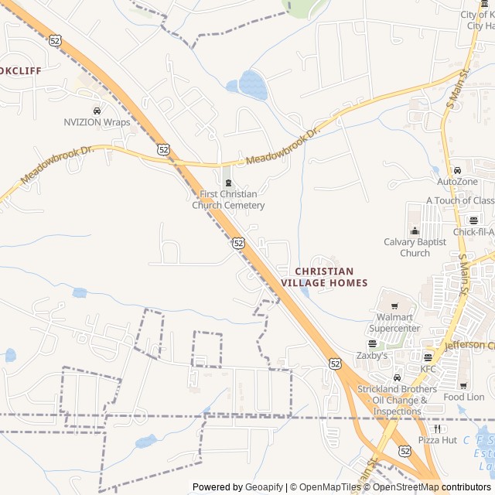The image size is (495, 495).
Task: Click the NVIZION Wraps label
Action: click(97, 122)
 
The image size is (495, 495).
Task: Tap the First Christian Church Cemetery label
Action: click(228, 200)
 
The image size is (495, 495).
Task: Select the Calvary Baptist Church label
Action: click(415, 247)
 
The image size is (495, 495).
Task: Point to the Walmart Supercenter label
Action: click(398, 323)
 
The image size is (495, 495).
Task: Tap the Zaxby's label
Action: click(372, 356)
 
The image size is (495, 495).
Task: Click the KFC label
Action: click(428, 368)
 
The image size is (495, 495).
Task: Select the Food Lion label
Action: click(464, 397)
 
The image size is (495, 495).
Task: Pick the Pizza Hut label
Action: click(438, 439)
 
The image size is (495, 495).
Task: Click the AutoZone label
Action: click(457, 181)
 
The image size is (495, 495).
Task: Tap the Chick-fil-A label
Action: click(473, 231)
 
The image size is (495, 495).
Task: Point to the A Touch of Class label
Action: click(460, 200)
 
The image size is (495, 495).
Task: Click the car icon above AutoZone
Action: click(457, 170)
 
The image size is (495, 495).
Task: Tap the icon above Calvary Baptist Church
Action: click(415, 230)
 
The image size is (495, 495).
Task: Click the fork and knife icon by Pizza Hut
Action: click(438, 428)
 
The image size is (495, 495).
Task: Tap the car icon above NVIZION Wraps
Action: click(97, 111)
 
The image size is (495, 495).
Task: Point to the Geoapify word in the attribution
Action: click(264, 487)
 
